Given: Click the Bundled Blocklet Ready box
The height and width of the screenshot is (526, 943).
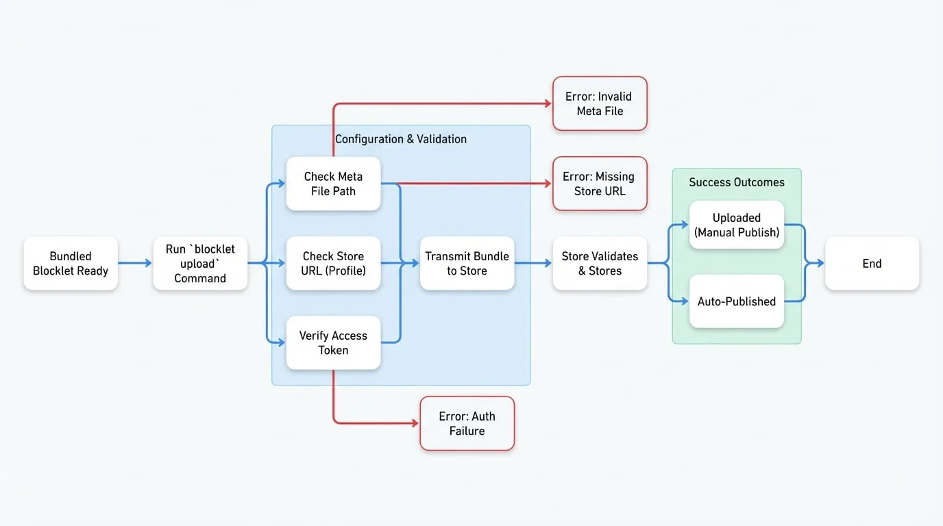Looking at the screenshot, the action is [71, 264].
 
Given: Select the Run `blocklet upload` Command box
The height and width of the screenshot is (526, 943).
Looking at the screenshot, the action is [200, 264].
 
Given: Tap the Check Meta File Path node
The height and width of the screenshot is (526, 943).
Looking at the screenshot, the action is [334, 184].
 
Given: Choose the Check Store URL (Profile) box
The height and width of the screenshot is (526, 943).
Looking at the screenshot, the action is [334, 264].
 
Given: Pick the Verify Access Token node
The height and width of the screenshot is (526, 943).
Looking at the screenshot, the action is [334, 343].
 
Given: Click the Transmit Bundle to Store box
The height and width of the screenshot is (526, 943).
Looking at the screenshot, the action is [467, 264].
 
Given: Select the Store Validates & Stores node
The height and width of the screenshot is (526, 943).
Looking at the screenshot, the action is [600, 264].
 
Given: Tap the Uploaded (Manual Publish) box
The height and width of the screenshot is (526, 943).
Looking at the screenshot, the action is [737, 225].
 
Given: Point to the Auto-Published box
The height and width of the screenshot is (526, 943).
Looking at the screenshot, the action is [737, 301].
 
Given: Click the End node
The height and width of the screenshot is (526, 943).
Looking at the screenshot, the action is [872, 264].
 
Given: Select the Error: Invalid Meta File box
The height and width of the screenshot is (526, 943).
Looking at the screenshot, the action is [600, 103].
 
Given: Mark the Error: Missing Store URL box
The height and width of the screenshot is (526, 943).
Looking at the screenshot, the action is [600, 184].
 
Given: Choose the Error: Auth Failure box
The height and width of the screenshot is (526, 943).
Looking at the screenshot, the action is [467, 423].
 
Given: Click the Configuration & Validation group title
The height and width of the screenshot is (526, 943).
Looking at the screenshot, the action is [401, 139].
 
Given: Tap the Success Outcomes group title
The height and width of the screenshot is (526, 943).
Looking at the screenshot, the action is [737, 182].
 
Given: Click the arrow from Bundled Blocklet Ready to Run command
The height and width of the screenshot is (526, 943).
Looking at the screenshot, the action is [135, 263].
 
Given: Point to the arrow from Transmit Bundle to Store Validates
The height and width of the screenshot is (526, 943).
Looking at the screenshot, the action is [533, 263].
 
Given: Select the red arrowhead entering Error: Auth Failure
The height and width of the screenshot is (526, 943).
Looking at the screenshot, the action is [415, 423].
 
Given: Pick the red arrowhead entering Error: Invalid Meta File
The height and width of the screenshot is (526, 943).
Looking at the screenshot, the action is [548, 103].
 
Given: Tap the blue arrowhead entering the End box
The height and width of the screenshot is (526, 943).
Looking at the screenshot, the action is [820, 263].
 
